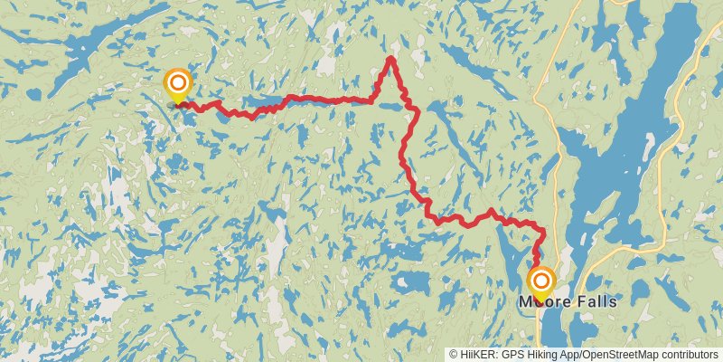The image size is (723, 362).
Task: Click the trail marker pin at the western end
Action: click(x=177, y=88)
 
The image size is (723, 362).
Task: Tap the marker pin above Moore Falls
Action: click(x=541, y=283)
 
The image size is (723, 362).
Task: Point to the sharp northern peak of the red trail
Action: click(x=390, y=59)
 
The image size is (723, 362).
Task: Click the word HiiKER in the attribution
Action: click(x=479, y=355)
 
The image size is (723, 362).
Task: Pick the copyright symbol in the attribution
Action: click(x=453, y=355)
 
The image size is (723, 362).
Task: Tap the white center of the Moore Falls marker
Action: click(x=541, y=280)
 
